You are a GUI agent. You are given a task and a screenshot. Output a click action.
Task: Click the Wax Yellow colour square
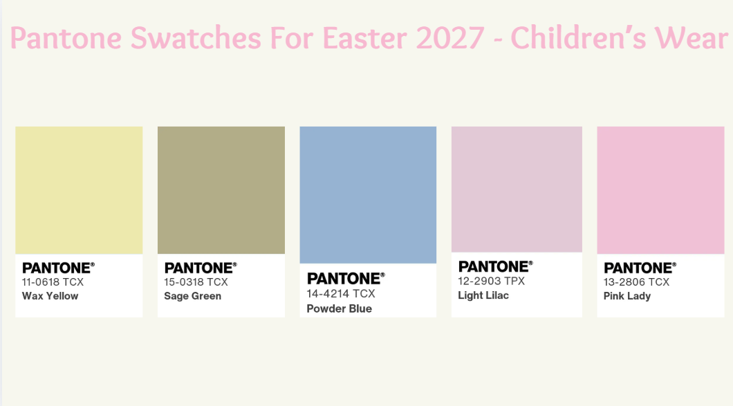click(79, 190)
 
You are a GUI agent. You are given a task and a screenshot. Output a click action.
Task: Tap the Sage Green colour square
click(221, 190)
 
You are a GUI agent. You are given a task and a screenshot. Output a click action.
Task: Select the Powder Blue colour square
click(368, 194)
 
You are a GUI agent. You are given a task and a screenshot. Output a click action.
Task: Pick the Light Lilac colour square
click(517, 189)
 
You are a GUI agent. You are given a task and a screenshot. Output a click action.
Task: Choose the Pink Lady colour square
click(660, 190)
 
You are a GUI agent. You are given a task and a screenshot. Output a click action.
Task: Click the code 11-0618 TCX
click(53, 282)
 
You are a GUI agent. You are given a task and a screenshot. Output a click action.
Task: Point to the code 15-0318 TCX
click(196, 282)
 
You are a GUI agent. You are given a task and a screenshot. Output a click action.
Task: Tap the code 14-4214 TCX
click(341, 294)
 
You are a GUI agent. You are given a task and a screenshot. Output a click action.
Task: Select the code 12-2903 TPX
click(491, 282)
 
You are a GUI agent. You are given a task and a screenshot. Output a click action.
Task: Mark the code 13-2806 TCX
click(636, 282)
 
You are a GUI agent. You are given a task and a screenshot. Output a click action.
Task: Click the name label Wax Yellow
click(50, 296)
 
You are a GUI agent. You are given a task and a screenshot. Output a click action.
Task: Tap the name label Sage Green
click(192, 296)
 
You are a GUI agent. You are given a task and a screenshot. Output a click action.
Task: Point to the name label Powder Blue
click(339, 308)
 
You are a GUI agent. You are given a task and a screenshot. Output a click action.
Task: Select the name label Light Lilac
click(483, 295)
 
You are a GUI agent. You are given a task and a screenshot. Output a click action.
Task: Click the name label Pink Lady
click(627, 296)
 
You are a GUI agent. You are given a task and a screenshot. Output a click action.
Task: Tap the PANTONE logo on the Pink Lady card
click(640, 268)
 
